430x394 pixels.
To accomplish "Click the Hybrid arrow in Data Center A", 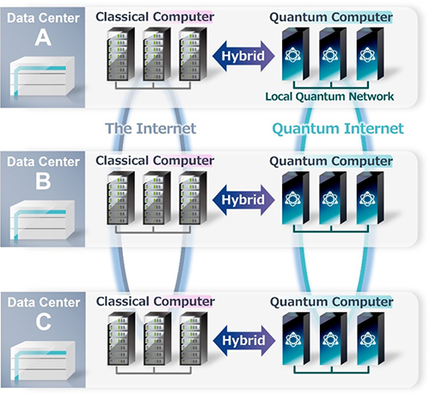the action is pyautogui.click(x=243, y=56).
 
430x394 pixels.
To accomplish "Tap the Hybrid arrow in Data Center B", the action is pyautogui.click(x=243, y=200).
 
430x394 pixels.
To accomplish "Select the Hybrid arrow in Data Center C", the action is pyautogui.click(x=244, y=341).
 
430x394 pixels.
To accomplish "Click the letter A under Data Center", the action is pyautogui.click(x=43, y=38).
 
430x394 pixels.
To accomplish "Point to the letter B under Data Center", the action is pyautogui.click(x=43, y=181).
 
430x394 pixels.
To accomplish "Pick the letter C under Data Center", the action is pyautogui.click(x=44, y=322).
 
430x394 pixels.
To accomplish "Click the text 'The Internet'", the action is pyautogui.click(x=150, y=128).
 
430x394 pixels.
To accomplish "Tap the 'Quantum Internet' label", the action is pyautogui.click(x=338, y=128).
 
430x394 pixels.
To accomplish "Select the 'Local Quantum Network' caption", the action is pyautogui.click(x=329, y=96).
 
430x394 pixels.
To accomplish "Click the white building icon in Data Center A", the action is pyautogui.click(x=42, y=77).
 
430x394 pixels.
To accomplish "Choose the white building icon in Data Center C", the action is pyautogui.click(x=42, y=360).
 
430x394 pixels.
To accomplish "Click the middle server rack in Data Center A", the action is pyautogui.click(x=157, y=54).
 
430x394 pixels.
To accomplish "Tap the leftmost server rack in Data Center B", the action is pyautogui.click(x=120, y=198).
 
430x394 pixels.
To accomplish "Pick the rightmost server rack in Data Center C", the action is pyautogui.click(x=193, y=339).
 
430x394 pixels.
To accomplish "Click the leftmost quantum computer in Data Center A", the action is pyautogui.click(x=296, y=54).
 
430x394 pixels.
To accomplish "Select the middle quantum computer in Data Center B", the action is pyautogui.click(x=333, y=198).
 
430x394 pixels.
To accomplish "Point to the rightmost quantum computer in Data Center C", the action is pyautogui.click(x=371, y=339).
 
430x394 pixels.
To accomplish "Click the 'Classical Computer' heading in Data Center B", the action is pyautogui.click(x=155, y=161).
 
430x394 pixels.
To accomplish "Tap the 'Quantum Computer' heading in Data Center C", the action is pyautogui.click(x=331, y=302).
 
